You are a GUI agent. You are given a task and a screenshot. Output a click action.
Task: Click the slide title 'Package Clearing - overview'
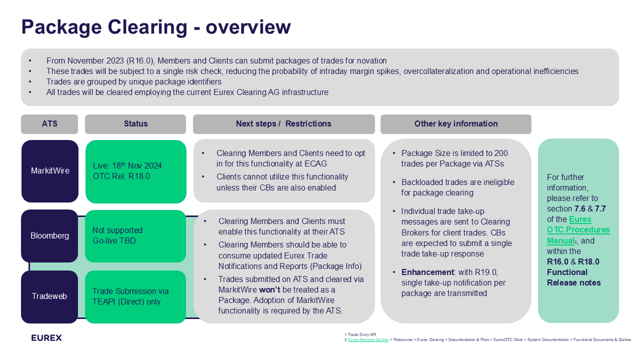pyautogui.click(x=155, y=27)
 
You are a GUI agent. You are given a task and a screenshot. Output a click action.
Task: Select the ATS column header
pyautogui.click(x=49, y=124)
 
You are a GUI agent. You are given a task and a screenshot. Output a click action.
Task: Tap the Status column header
pyautogui.click(x=135, y=124)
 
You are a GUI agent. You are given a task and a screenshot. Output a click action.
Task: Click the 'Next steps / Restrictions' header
pyautogui.click(x=283, y=124)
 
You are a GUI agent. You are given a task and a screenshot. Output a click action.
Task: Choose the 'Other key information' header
pyautogui.click(x=455, y=124)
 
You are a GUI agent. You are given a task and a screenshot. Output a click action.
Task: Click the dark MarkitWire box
pyautogui.click(x=50, y=171)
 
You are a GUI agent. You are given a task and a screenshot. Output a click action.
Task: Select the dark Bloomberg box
pyautogui.click(x=50, y=236)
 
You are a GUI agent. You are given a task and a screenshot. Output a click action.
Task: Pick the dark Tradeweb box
pyautogui.click(x=49, y=296)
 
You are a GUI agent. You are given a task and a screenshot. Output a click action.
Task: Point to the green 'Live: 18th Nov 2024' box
pyautogui.click(x=135, y=171)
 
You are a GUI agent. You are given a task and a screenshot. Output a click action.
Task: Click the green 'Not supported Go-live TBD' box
pyautogui.click(x=135, y=236)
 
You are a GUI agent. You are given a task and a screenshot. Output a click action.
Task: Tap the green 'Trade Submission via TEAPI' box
pyautogui.click(x=135, y=296)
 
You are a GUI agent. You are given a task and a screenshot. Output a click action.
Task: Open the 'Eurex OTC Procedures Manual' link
pyautogui.click(x=578, y=230)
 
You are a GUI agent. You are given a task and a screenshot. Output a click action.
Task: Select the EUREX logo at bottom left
pyautogui.click(x=46, y=338)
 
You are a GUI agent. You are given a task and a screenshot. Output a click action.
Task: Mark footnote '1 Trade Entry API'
pyautogui.click(x=360, y=334)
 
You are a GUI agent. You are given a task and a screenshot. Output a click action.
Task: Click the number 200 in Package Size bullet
pyautogui.click(x=501, y=153)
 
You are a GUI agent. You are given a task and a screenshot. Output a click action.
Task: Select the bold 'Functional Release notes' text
pyautogui.click(x=573, y=277)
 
